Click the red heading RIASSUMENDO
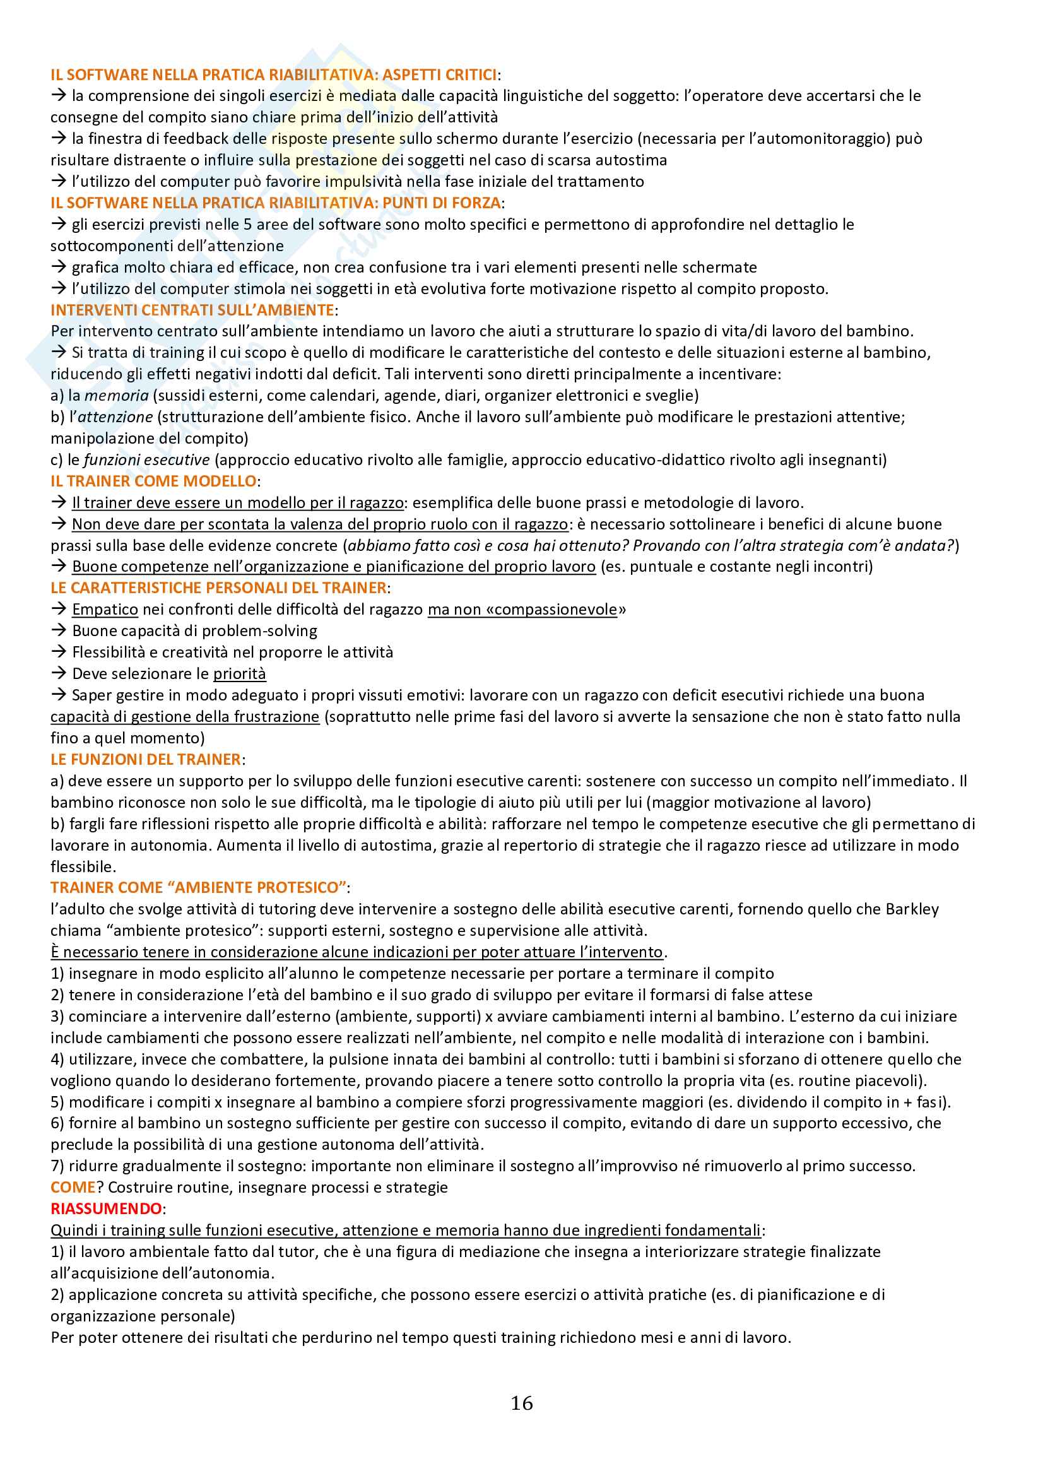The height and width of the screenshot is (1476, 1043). [x=106, y=1208]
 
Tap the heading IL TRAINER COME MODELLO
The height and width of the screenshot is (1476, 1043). [x=153, y=481]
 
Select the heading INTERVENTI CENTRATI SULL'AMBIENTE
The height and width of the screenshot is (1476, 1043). [x=192, y=310]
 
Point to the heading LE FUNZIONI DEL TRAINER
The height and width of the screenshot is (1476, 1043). [x=146, y=759]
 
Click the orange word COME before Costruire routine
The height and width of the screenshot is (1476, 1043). [x=73, y=1188]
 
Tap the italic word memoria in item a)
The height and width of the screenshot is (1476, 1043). [x=116, y=396]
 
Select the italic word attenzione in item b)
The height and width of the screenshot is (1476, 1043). [x=115, y=416]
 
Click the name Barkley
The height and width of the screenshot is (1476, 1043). [x=912, y=909]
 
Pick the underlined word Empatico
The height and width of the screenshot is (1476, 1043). [x=105, y=610]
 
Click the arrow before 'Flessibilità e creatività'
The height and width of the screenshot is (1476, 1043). [x=59, y=652]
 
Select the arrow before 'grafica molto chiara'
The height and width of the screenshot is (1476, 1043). [x=59, y=267]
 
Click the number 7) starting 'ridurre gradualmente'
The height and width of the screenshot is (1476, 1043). [x=57, y=1166]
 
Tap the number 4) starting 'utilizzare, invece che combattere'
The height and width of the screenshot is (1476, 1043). [x=57, y=1059]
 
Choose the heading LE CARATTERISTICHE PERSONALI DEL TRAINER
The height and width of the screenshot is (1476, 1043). [x=218, y=587]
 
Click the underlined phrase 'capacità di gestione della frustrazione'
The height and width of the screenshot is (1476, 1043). [x=185, y=716]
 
